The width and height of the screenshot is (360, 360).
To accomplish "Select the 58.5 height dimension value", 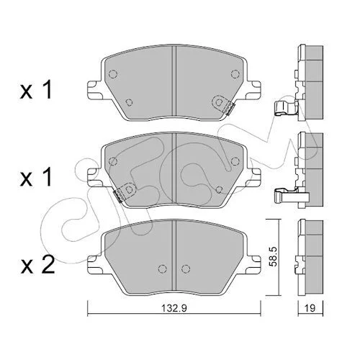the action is (x=273, y=257).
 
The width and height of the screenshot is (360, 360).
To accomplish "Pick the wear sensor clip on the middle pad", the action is (x=125, y=192).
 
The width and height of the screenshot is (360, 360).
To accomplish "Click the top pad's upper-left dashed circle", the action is (x=113, y=74).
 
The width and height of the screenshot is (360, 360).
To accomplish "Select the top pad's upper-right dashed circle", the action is (x=235, y=74).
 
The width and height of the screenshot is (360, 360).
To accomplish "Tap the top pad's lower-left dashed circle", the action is (x=130, y=103).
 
